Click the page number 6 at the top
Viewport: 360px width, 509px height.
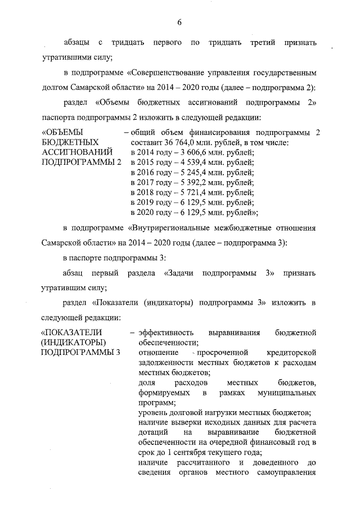179,22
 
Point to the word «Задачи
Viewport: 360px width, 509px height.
179,273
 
